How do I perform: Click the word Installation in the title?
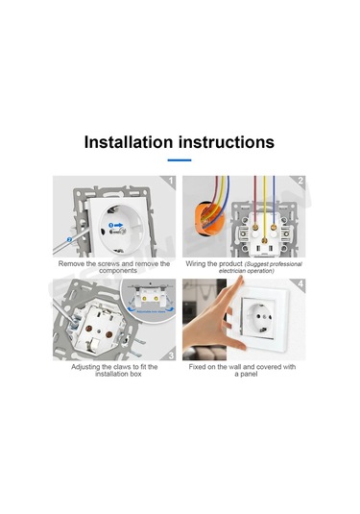(x=129, y=142)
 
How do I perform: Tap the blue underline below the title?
(x=180, y=160)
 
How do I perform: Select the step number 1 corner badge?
(x=169, y=181)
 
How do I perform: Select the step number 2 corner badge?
(x=300, y=181)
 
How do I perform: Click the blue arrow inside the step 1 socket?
(x=118, y=225)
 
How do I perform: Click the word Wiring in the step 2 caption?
(x=196, y=264)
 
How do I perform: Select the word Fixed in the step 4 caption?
(x=197, y=367)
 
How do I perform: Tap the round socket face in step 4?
(x=259, y=318)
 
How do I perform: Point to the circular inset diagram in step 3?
(x=149, y=302)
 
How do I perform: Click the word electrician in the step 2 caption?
(x=232, y=271)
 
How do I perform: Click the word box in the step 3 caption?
(x=135, y=374)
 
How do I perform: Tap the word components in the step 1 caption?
(x=118, y=271)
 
